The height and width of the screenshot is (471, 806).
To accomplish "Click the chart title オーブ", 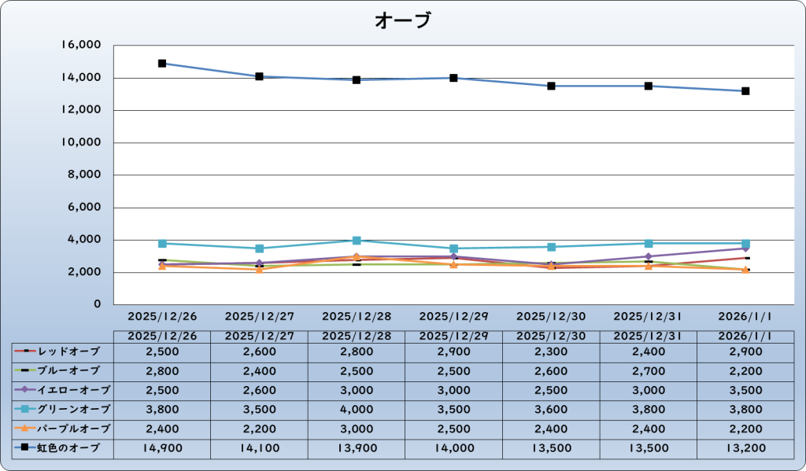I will tap(402, 20).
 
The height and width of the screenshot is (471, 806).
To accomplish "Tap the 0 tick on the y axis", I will tap(98, 304).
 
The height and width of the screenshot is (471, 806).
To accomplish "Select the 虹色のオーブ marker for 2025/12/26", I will tap(162, 63).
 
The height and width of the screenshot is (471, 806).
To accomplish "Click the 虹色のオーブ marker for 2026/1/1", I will tap(745, 91).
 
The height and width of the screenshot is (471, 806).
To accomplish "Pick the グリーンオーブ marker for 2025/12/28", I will tap(357, 241).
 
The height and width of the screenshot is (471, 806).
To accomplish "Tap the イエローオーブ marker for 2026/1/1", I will tap(745, 248).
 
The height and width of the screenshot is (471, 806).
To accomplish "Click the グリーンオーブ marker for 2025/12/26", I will tap(162, 244).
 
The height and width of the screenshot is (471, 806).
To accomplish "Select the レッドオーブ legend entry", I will tap(63, 350).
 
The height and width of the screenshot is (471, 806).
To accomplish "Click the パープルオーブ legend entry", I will tap(63, 429).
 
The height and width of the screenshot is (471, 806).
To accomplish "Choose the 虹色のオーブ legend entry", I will tap(63, 448).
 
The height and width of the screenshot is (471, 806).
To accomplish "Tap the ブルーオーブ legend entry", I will tap(63, 370).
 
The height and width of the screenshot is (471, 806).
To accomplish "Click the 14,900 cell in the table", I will tap(162, 448).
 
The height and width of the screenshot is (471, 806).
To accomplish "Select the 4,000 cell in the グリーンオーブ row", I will tap(357, 409).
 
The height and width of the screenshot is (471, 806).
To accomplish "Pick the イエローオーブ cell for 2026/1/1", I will tap(745, 389).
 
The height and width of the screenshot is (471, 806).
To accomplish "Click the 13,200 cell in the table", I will tap(745, 448).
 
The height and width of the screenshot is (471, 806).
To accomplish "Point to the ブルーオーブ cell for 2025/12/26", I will tap(162, 370).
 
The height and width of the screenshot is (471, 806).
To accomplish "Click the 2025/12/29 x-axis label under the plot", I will tap(454, 316).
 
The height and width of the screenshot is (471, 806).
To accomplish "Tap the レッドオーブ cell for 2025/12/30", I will tap(551, 350).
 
